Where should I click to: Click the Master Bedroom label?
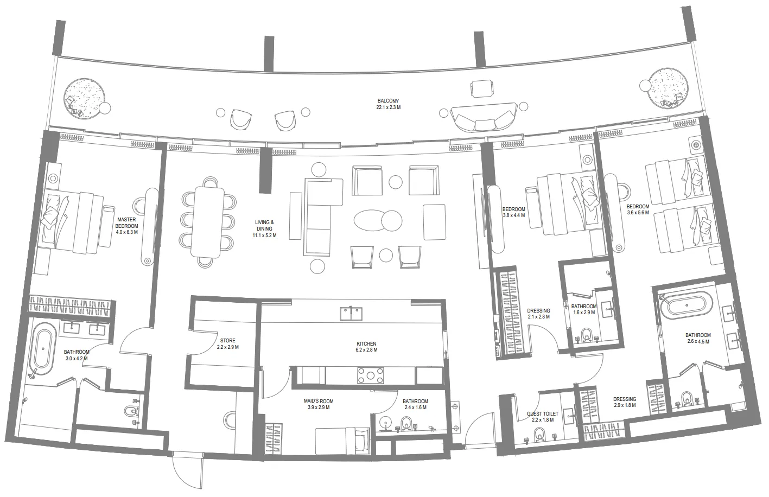[x=127, y=226]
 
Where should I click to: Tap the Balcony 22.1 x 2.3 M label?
[x=388, y=104]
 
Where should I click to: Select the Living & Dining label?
[x=264, y=229]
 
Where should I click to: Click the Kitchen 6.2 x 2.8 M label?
[x=366, y=347]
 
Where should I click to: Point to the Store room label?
[x=227, y=344]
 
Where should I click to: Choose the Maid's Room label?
[x=318, y=404]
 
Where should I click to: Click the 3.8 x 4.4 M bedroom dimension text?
[x=513, y=215]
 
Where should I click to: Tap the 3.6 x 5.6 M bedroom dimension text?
[x=638, y=213]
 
